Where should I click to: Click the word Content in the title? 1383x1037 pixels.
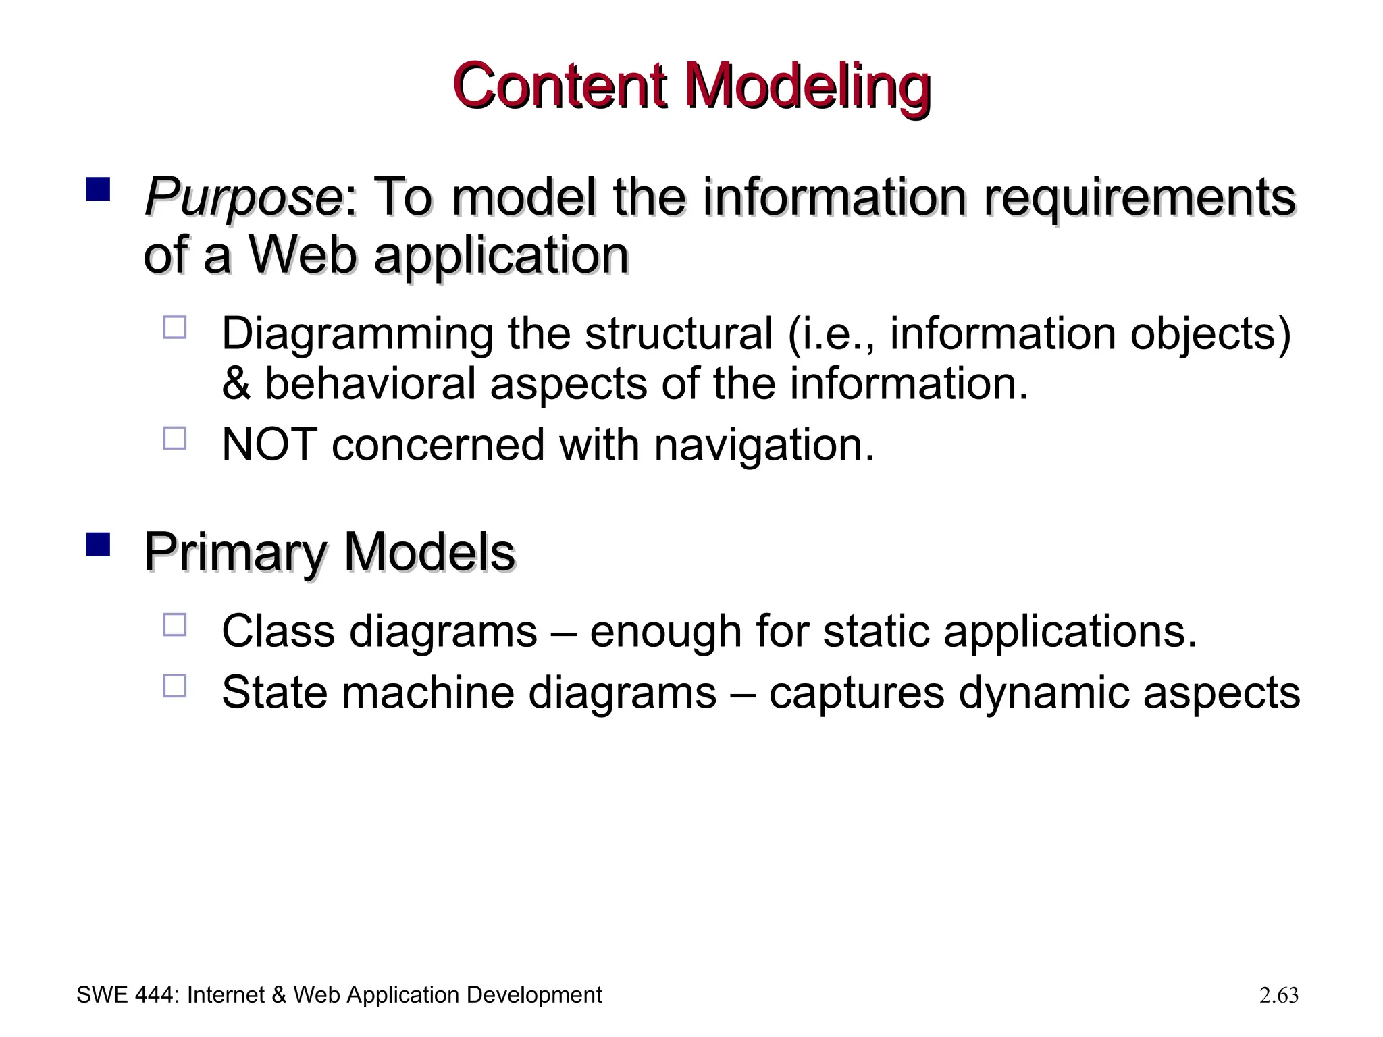click(560, 87)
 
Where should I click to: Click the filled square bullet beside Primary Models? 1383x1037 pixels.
click(98, 545)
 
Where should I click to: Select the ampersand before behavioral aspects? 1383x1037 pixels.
click(236, 383)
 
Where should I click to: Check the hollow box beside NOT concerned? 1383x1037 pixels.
click(174, 439)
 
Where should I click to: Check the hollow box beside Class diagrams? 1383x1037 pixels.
click(174, 625)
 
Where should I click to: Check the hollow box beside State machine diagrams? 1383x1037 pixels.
click(174, 686)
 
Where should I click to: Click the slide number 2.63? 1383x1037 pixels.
click(1278, 995)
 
